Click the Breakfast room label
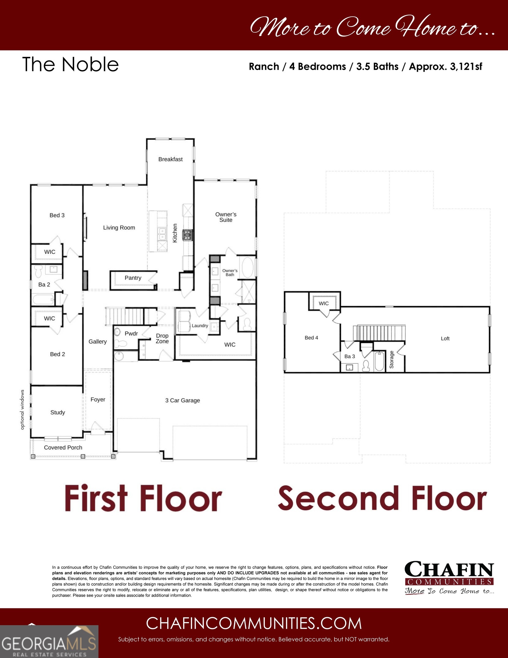click(x=170, y=159)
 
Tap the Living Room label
click(x=119, y=227)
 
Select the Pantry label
click(x=133, y=278)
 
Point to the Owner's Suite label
click(x=226, y=217)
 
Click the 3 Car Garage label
click(x=182, y=400)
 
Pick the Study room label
click(x=58, y=412)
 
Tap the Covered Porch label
click(x=63, y=448)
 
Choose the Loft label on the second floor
click(x=445, y=339)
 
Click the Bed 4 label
click(x=311, y=338)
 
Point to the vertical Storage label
click(x=392, y=360)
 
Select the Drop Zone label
click(x=162, y=339)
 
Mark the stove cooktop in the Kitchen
click(x=188, y=234)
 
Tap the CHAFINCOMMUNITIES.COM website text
click(x=254, y=623)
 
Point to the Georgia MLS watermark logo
click(x=49, y=641)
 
